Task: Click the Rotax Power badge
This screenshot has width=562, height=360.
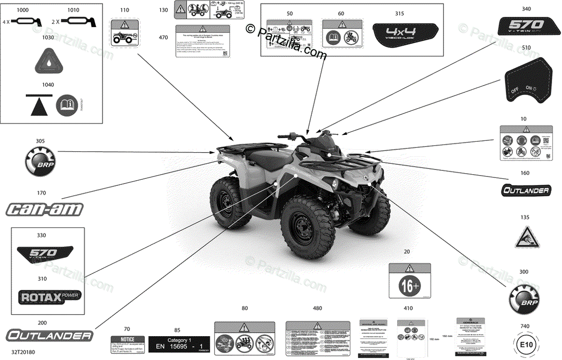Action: tap(49, 296)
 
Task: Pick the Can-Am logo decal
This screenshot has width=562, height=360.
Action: tap(44, 209)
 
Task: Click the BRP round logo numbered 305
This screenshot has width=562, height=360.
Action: tap(38, 160)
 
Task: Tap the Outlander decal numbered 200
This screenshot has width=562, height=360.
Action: tap(49, 335)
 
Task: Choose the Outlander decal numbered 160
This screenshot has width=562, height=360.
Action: tap(525, 190)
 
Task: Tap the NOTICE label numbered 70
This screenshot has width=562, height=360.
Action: tap(126, 344)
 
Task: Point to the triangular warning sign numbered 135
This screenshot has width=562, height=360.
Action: tap(525, 236)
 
